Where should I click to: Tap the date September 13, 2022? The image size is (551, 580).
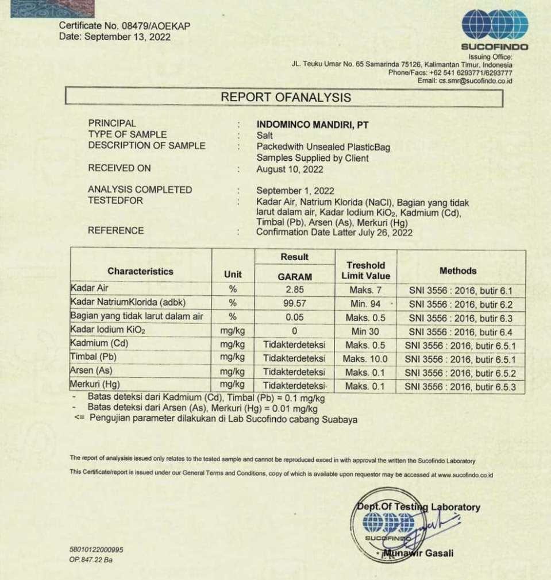pyautogui.click(x=128, y=37)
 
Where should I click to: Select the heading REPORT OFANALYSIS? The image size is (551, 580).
pyautogui.click(x=286, y=98)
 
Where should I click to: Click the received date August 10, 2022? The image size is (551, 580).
pyautogui.click(x=290, y=169)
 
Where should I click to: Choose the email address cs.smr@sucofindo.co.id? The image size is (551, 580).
pyautogui.click(x=476, y=81)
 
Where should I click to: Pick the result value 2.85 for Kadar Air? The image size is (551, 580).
pyautogui.click(x=294, y=289)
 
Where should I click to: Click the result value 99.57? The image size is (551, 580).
pyautogui.click(x=294, y=303)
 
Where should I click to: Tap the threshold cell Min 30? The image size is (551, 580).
pyautogui.click(x=365, y=331)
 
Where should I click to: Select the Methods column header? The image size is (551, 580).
pyautogui.click(x=458, y=270)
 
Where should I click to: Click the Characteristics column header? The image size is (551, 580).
pyautogui.click(x=140, y=271)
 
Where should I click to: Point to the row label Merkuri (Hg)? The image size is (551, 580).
pyautogui.click(x=95, y=384)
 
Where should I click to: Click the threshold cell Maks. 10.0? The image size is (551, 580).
pyautogui.click(x=365, y=359)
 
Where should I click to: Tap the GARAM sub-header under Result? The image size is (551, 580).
pyautogui.click(x=294, y=276)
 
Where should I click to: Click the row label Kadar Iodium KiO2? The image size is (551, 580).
pyautogui.click(x=107, y=330)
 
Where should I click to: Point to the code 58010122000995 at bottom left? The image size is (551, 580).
pyautogui.click(x=97, y=550)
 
